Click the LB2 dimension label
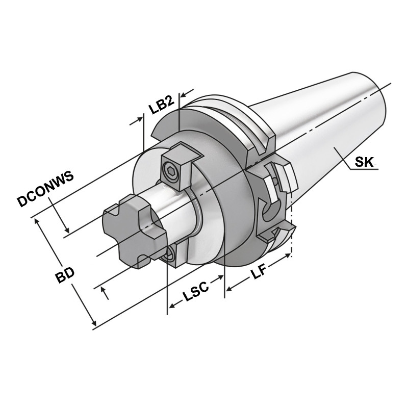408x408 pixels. pyautogui.click(x=161, y=107)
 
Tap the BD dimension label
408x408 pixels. pyautogui.click(x=65, y=276)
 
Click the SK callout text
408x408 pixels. pyautogui.click(x=365, y=163)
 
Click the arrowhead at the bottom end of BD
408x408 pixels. pyautogui.click(x=92, y=323)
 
